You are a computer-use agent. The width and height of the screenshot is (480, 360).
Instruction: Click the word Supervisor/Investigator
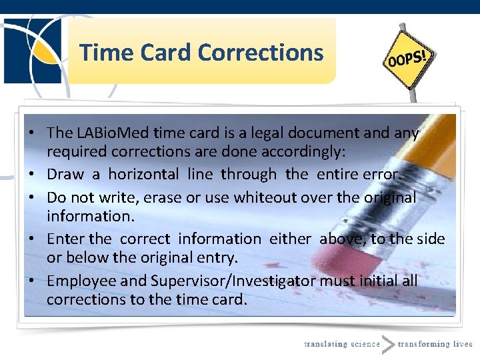coord(233,281)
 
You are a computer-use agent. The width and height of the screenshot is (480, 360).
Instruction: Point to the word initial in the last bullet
coord(379,281)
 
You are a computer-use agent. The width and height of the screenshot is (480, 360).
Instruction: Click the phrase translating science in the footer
coord(341,344)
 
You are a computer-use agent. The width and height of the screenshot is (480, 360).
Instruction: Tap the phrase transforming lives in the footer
coord(435,344)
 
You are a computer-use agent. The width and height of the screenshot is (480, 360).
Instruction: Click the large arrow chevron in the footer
coord(388,343)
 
